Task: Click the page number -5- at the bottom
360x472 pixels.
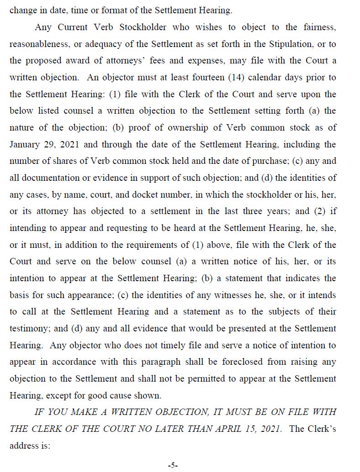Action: point(173,465)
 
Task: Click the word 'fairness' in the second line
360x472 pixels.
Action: point(319,27)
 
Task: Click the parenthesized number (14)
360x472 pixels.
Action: point(248,78)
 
